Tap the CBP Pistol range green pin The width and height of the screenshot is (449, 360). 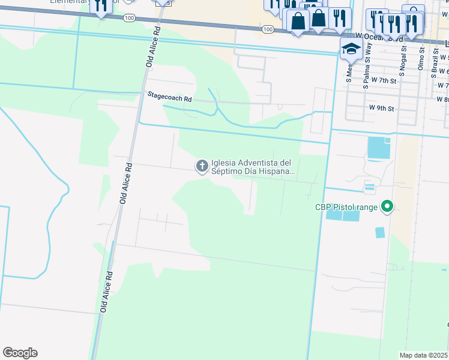coord(387,208)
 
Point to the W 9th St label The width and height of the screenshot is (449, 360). coord(381,109)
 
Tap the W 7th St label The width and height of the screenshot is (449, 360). coord(384,80)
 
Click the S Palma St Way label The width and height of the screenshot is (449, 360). coord(366,67)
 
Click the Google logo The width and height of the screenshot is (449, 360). coord(20,353)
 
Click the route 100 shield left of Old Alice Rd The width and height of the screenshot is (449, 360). coord(129,19)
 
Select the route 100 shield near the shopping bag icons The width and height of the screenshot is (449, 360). coord(268,29)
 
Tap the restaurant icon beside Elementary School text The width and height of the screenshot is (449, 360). coord(100,7)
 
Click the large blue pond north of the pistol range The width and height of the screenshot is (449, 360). coord(378,148)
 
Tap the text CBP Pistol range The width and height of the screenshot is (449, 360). coord(346,208)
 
